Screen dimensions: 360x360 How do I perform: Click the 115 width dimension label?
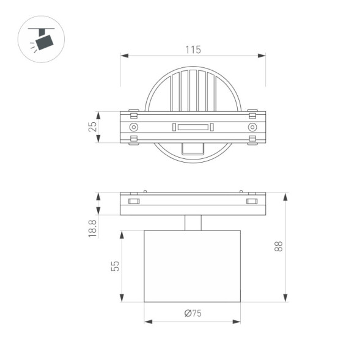coord(193,50)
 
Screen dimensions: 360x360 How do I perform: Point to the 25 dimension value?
coord(93,127)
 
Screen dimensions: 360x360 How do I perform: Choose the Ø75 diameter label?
coord(193,314)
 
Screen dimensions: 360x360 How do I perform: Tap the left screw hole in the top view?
coord(133,127)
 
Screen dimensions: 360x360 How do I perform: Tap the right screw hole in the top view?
coord(252,127)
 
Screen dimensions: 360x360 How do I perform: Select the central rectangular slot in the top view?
coord(193,127)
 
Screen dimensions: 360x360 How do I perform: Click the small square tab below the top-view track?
coord(193,149)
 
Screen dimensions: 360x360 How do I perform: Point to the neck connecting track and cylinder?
coord(193,222)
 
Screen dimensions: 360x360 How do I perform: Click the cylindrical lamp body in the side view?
coord(193,266)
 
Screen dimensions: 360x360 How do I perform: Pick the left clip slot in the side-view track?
coord(134,201)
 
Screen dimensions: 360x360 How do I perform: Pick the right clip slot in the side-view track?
coord(251,201)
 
